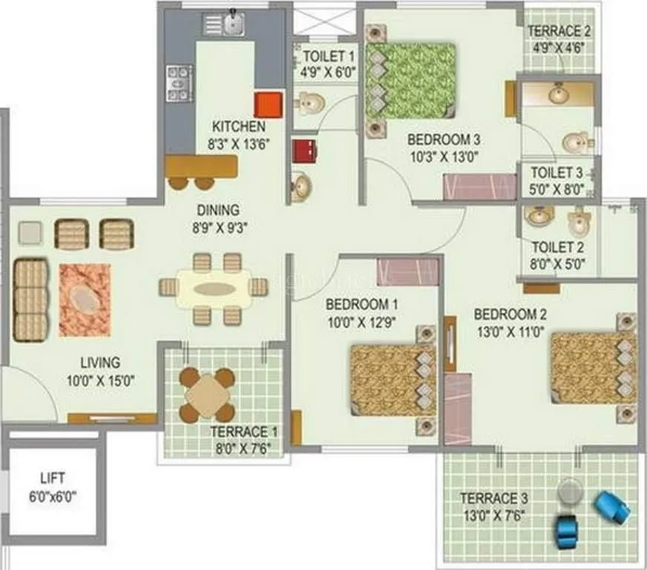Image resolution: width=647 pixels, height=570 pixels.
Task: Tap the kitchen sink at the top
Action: tap(234, 24)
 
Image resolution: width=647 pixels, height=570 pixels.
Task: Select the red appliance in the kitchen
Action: tap(268, 105)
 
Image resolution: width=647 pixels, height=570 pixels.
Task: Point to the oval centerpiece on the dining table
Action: tap(214, 288)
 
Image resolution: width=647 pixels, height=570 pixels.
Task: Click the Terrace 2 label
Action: tap(559, 31)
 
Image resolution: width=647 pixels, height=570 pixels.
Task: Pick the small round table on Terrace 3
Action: tap(571, 491)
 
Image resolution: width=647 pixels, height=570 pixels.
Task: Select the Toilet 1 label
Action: tap(328, 56)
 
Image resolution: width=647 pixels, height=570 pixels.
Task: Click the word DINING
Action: tap(217, 209)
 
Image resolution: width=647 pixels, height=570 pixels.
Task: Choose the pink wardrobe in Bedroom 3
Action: tap(479, 186)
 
